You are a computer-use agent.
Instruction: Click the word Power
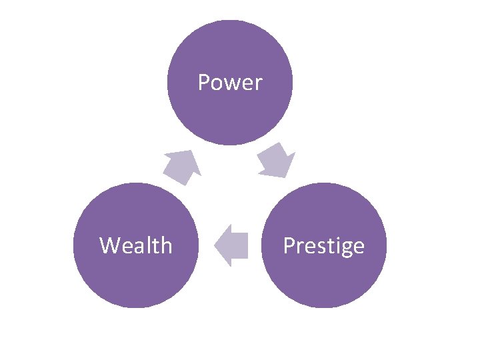click(x=230, y=83)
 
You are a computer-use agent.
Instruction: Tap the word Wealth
click(x=136, y=245)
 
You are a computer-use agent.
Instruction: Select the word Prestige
click(x=323, y=246)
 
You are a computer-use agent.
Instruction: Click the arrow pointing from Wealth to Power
click(x=182, y=167)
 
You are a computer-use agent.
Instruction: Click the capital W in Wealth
click(x=109, y=245)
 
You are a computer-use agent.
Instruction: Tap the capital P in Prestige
click(x=289, y=245)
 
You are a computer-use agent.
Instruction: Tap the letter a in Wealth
click(x=139, y=247)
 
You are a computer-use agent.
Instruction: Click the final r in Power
click(x=258, y=85)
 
